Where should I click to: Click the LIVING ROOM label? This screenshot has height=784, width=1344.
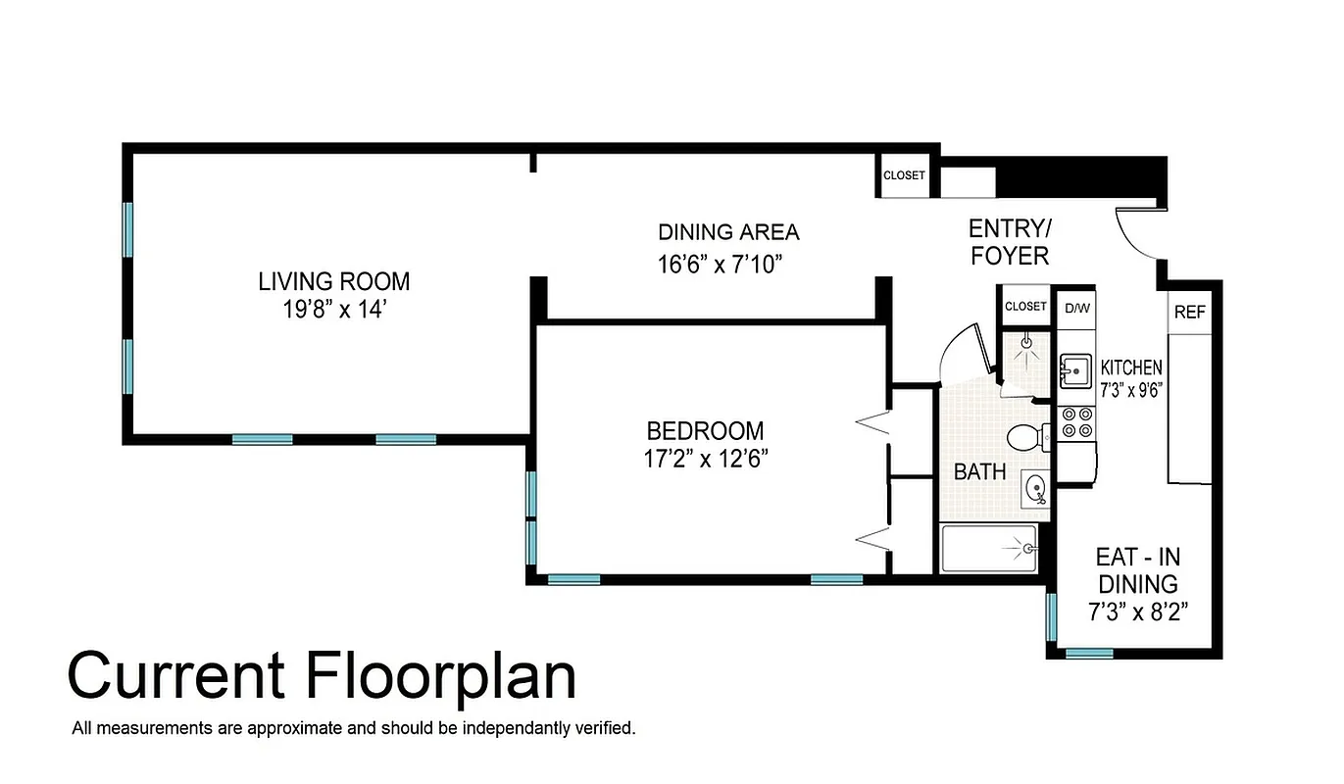click(333, 281)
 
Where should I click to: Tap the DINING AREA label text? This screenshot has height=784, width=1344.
click(727, 232)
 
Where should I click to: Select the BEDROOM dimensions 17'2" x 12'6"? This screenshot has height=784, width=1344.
click(705, 459)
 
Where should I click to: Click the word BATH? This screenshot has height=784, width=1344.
click(979, 471)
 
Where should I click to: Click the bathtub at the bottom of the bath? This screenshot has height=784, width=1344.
click(988, 549)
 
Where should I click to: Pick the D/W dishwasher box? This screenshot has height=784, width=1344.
click(1076, 307)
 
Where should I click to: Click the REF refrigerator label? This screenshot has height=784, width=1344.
click(1189, 313)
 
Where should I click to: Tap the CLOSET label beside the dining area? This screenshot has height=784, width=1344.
click(903, 175)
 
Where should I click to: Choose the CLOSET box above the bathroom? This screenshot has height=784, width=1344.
click(1025, 306)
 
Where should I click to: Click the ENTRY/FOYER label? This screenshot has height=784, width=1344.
click(1009, 242)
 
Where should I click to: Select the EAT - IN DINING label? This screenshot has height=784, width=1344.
click(1137, 570)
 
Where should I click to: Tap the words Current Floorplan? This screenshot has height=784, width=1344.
click(322, 676)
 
